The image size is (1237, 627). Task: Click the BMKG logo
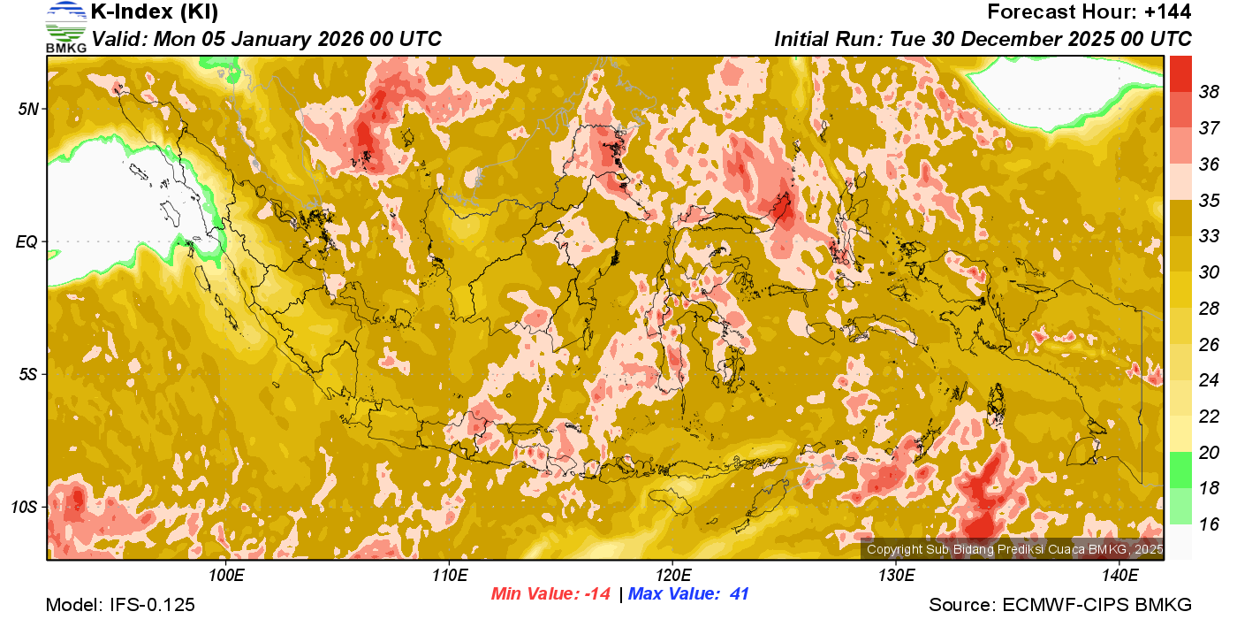pyautogui.click(x=66, y=27)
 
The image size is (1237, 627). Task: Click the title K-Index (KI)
pyautogui.click(x=155, y=12)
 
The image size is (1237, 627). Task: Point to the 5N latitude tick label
pyautogui.click(x=28, y=109)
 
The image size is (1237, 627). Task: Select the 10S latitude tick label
pyautogui.click(x=25, y=508)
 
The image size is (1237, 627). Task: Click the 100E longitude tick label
pyautogui.click(x=226, y=576)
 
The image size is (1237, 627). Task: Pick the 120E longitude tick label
pyautogui.click(x=672, y=576)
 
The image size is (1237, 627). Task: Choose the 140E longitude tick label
pyautogui.click(x=1119, y=576)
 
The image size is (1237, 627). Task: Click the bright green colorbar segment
pyautogui.click(x=1180, y=470)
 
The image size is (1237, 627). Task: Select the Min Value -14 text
pyautogui.click(x=550, y=594)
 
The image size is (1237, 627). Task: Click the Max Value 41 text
pyautogui.click(x=689, y=594)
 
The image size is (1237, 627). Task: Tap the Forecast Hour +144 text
pyautogui.click(x=1089, y=12)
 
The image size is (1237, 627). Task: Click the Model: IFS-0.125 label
pyautogui.click(x=120, y=605)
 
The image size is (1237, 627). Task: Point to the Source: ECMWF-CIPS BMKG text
pyautogui.click(x=1060, y=605)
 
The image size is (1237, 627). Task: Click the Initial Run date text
pyautogui.click(x=983, y=39)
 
